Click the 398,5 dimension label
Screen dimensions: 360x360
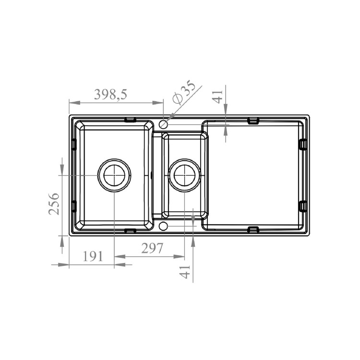click(110, 95)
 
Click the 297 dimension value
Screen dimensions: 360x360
click(152, 248)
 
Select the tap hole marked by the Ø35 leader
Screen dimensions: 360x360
click(163, 124)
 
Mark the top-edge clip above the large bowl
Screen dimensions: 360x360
click(130, 120)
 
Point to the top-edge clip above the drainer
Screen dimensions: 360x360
click(253, 120)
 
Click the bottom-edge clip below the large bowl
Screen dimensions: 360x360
click(130, 230)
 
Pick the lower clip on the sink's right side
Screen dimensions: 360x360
click(302, 206)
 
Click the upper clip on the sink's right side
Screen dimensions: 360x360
click(302, 144)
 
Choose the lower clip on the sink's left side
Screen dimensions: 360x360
click(74, 206)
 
